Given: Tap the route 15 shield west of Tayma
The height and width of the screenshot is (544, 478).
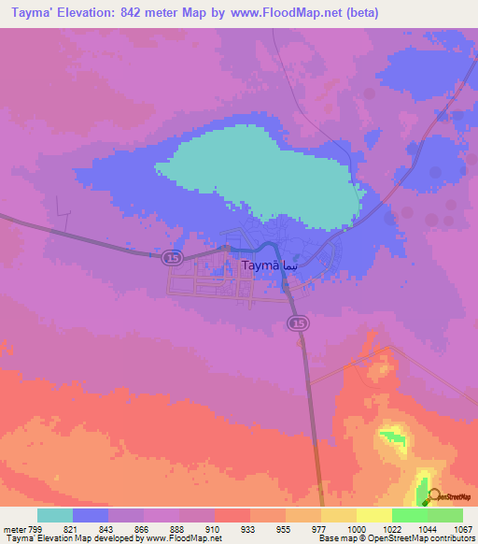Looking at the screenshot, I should pyautogui.click(x=170, y=256).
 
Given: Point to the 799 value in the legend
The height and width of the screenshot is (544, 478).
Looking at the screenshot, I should pyautogui.click(x=37, y=529).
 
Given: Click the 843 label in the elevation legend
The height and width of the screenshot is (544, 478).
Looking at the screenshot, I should pyautogui.click(x=108, y=529).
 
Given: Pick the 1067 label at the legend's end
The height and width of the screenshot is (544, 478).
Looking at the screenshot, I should pyautogui.click(x=462, y=529).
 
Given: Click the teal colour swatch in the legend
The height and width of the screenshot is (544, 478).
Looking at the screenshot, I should pyautogui.click(x=55, y=515).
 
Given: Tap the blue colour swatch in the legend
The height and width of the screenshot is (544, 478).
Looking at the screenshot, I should pyautogui.click(x=91, y=515).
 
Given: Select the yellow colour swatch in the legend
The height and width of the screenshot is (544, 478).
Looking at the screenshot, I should pyautogui.click(x=373, y=515).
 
